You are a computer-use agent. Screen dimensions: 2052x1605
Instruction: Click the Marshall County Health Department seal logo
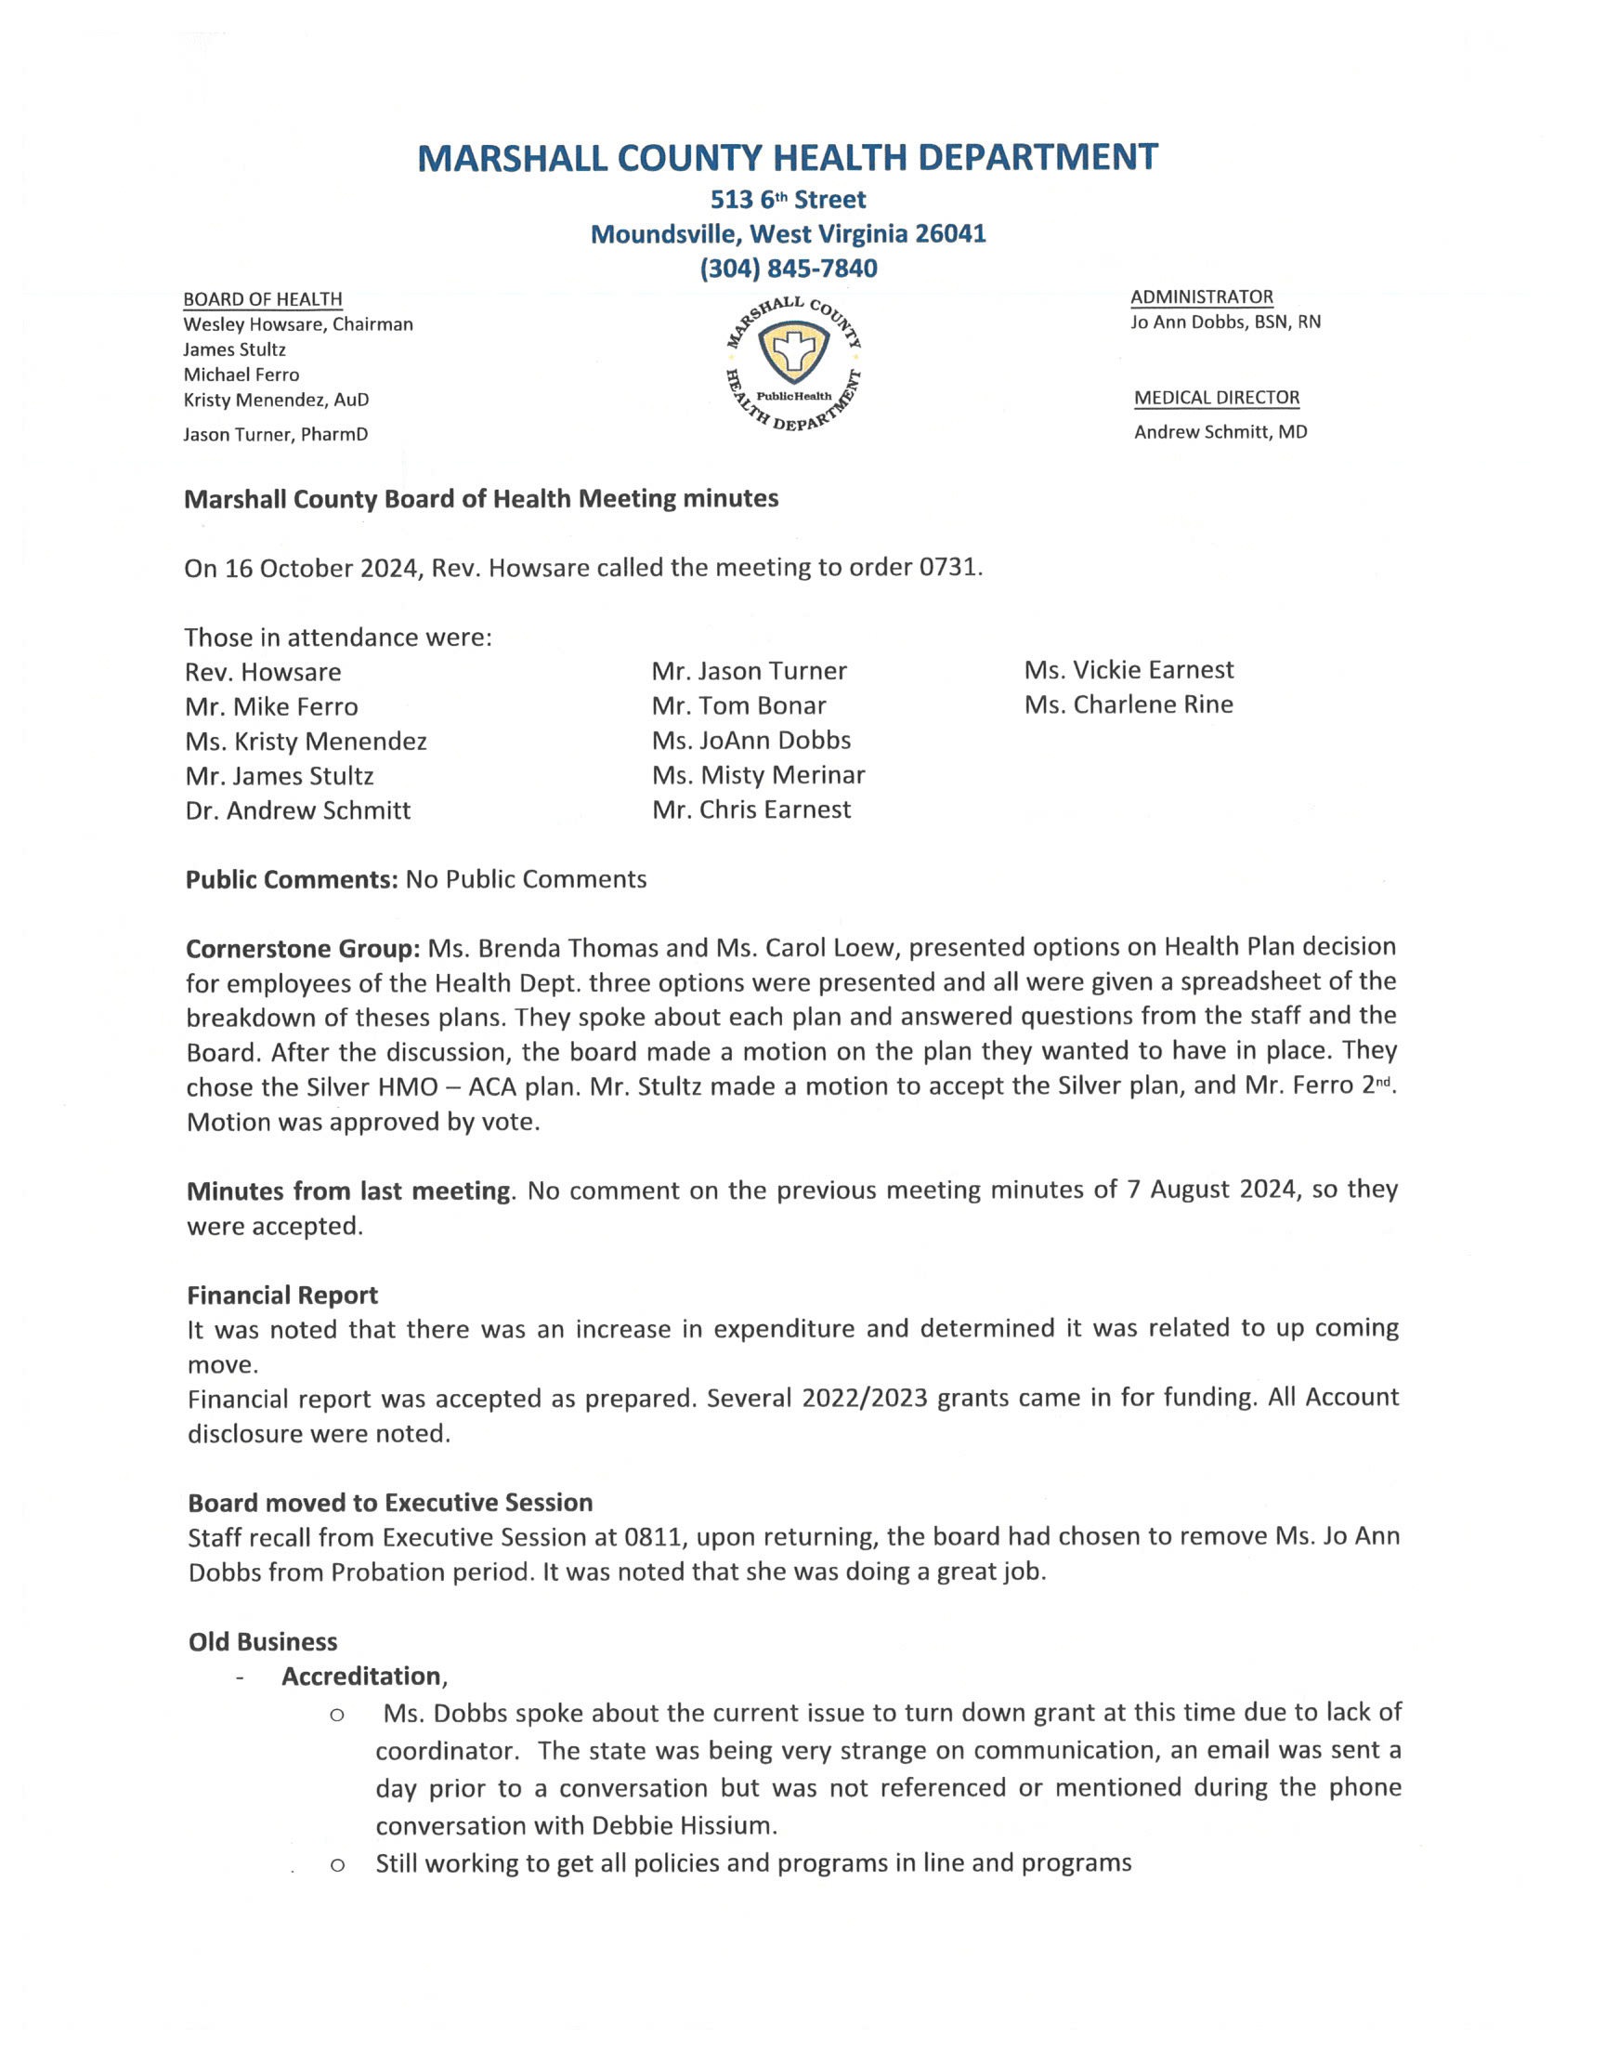[794, 364]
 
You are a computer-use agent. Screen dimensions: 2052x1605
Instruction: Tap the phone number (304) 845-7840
[789, 269]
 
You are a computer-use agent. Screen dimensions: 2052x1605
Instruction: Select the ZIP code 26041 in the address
[950, 234]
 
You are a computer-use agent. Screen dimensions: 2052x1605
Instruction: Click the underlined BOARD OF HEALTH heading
[262, 300]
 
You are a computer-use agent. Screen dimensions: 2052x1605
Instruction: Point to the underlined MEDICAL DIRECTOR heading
[1217, 398]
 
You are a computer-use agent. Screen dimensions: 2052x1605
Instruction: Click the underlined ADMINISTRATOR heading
[1201, 297]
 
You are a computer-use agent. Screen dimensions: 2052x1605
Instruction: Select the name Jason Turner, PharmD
[275, 434]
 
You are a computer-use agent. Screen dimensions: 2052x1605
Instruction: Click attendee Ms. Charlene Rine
[1129, 705]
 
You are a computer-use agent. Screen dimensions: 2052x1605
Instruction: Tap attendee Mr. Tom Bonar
[738, 706]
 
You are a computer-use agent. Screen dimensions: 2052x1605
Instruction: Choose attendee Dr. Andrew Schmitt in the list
[298, 810]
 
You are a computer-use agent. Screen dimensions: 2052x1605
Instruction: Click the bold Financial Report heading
[282, 1296]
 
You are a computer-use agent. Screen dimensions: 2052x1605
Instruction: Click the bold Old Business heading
[262, 1642]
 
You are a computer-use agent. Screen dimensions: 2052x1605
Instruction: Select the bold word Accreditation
[360, 1677]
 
